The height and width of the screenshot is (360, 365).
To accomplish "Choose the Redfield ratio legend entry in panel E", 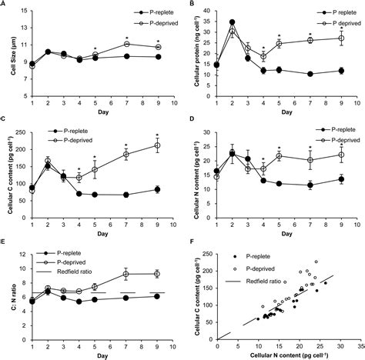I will (x=71, y=269).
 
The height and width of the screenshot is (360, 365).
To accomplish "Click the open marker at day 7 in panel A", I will (x=126, y=44).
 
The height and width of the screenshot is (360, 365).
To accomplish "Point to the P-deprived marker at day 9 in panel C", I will (x=158, y=145).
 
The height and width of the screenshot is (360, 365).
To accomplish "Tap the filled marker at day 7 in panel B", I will (x=310, y=74).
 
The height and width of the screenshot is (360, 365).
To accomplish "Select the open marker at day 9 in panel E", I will (x=158, y=273).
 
